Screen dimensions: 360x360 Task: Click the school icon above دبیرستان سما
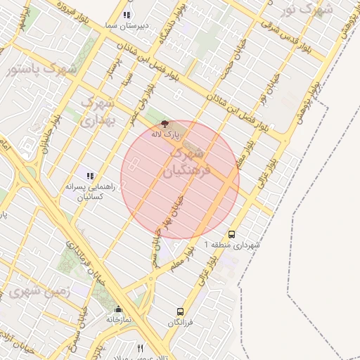(x=127, y=15)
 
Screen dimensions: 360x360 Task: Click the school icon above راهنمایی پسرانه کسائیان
(x=89, y=175)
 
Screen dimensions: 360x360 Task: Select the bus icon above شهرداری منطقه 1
(x=232, y=235)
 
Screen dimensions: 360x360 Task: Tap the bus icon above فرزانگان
(x=181, y=311)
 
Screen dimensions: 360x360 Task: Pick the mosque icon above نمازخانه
(x=118, y=309)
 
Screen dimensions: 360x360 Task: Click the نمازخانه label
(x=119, y=319)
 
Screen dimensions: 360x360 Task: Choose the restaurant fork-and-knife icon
(x=141, y=348)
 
